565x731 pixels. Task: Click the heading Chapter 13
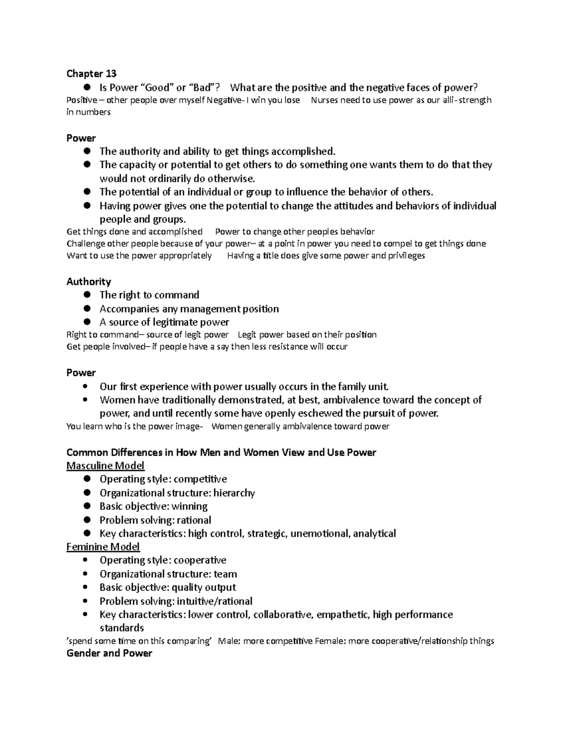point(91,73)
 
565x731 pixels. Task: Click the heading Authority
point(89,281)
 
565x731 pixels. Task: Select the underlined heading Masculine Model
point(105,466)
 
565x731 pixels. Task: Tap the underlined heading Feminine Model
point(103,546)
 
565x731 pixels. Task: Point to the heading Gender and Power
point(109,653)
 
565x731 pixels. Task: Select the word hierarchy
point(234,493)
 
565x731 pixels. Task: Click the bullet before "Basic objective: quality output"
point(85,587)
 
